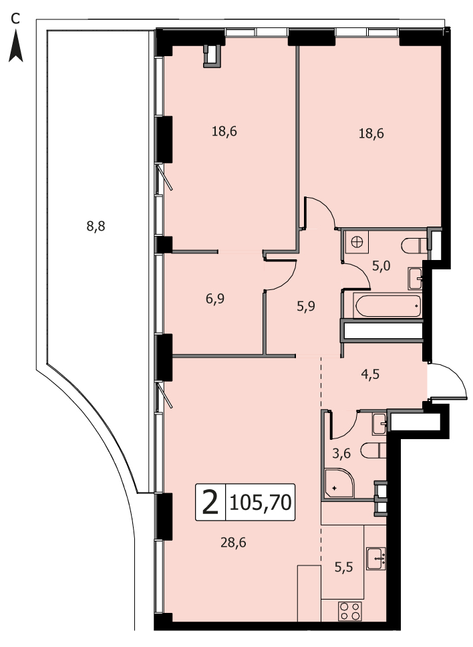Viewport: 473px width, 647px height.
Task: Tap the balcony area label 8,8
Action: tap(96, 226)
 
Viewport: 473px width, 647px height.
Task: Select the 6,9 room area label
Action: tap(215, 298)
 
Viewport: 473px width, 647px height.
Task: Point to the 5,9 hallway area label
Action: tap(306, 306)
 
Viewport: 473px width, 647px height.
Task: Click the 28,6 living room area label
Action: tap(233, 542)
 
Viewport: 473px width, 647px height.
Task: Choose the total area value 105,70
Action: tap(260, 503)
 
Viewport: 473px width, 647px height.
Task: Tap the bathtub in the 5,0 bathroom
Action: tap(388, 305)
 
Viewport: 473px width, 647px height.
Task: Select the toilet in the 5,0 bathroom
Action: tap(414, 246)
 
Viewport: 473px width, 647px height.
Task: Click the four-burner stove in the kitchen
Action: tap(350, 611)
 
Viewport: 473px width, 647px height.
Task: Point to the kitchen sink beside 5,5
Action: tap(375, 558)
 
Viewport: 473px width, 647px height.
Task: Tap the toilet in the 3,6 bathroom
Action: tap(373, 450)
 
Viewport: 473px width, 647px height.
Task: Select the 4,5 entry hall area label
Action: tap(370, 374)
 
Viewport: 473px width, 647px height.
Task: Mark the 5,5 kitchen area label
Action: tap(343, 567)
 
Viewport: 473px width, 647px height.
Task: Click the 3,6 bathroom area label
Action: tap(341, 453)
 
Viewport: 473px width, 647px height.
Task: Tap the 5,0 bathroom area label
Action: tap(381, 266)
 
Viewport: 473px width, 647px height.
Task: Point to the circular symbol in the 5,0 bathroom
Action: tap(357, 241)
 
